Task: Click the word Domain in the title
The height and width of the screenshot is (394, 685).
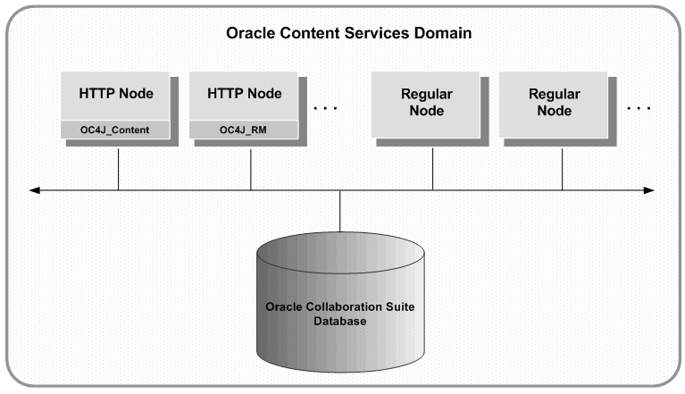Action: pos(441,33)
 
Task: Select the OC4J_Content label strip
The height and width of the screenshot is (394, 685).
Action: pos(117,130)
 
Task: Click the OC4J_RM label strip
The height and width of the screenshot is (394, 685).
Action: pos(244,130)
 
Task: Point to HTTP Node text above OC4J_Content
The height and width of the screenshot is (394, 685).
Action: pos(117,92)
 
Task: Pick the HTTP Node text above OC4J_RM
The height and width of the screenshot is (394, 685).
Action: pos(244,92)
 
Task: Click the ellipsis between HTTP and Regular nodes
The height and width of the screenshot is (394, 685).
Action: pos(326,108)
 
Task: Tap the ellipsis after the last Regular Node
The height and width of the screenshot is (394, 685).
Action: pos(639,108)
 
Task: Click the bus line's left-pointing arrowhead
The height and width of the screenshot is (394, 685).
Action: pos(35,189)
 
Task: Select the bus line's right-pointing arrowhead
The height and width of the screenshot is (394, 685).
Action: pos(648,189)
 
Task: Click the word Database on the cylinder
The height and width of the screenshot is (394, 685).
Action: pos(340,321)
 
